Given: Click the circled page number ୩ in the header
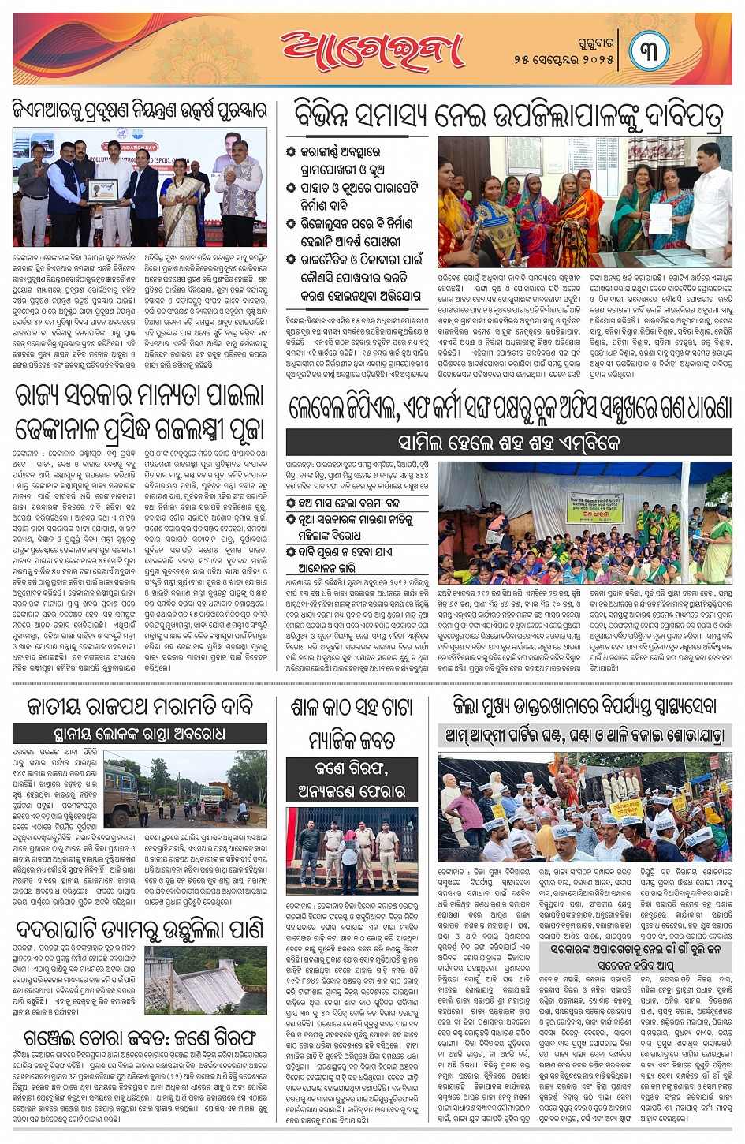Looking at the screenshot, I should pyautogui.click(x=649, y=50).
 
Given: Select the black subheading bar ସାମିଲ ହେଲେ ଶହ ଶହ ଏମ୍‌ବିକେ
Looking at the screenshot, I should pyautogui.click(x=508, y=443).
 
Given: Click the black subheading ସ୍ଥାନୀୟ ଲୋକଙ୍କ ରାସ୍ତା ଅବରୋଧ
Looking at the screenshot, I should pyautogui.click(x=140, y=734).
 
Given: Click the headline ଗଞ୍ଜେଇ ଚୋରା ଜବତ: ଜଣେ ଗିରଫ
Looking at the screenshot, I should pyautogui.click(x=139, y=1036).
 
